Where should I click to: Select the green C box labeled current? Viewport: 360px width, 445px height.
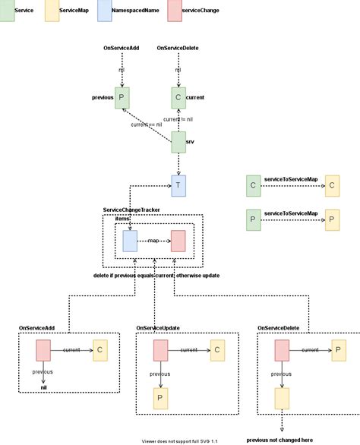click(x=178, y=97)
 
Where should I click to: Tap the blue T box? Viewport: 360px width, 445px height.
click(x=178, y=185)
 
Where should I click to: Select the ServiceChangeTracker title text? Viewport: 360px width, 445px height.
click(x=131, y=209)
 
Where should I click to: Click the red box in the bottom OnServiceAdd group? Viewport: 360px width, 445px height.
click(x=43, y=350)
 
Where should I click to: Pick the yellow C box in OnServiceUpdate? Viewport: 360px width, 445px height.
click(x=216, y=350)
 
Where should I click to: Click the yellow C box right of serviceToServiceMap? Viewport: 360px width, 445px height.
click(x=333, y=185)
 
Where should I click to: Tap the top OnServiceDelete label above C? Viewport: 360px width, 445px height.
click(x=178, y=48)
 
